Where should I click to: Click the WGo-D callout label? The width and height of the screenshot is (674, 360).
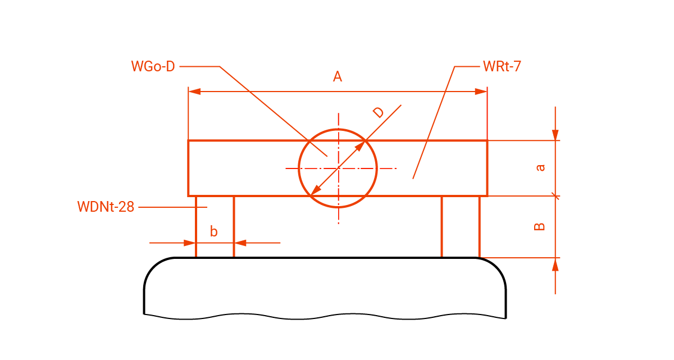point(153,66)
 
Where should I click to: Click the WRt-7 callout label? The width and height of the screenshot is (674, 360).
point(502,66)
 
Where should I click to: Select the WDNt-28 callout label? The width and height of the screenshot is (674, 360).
point(106,207)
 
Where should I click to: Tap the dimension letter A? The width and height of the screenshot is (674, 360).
point(338,77)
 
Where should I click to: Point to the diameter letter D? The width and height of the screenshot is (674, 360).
point(379,112)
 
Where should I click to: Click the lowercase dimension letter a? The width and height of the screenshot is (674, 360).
point(540,167)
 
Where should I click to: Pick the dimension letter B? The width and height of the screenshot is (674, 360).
point(539,226)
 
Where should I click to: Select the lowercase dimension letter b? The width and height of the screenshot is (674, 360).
point(213,231)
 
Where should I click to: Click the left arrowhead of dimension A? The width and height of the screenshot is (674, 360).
point(194,92)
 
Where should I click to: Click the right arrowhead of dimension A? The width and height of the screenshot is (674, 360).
point(481,92)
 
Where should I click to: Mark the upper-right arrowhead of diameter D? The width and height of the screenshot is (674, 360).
point(359,147)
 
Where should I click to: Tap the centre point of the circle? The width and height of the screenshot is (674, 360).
point(338,168)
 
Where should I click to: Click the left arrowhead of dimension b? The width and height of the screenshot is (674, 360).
point(190,243)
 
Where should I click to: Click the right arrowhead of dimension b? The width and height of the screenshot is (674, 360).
point(240,243)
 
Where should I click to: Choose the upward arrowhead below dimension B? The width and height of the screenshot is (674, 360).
point(555,264)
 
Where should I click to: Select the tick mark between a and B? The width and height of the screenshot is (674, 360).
point(555,196)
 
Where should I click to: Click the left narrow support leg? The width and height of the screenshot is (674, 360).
point(215,226)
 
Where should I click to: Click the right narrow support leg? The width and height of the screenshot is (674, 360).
point(461,226)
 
